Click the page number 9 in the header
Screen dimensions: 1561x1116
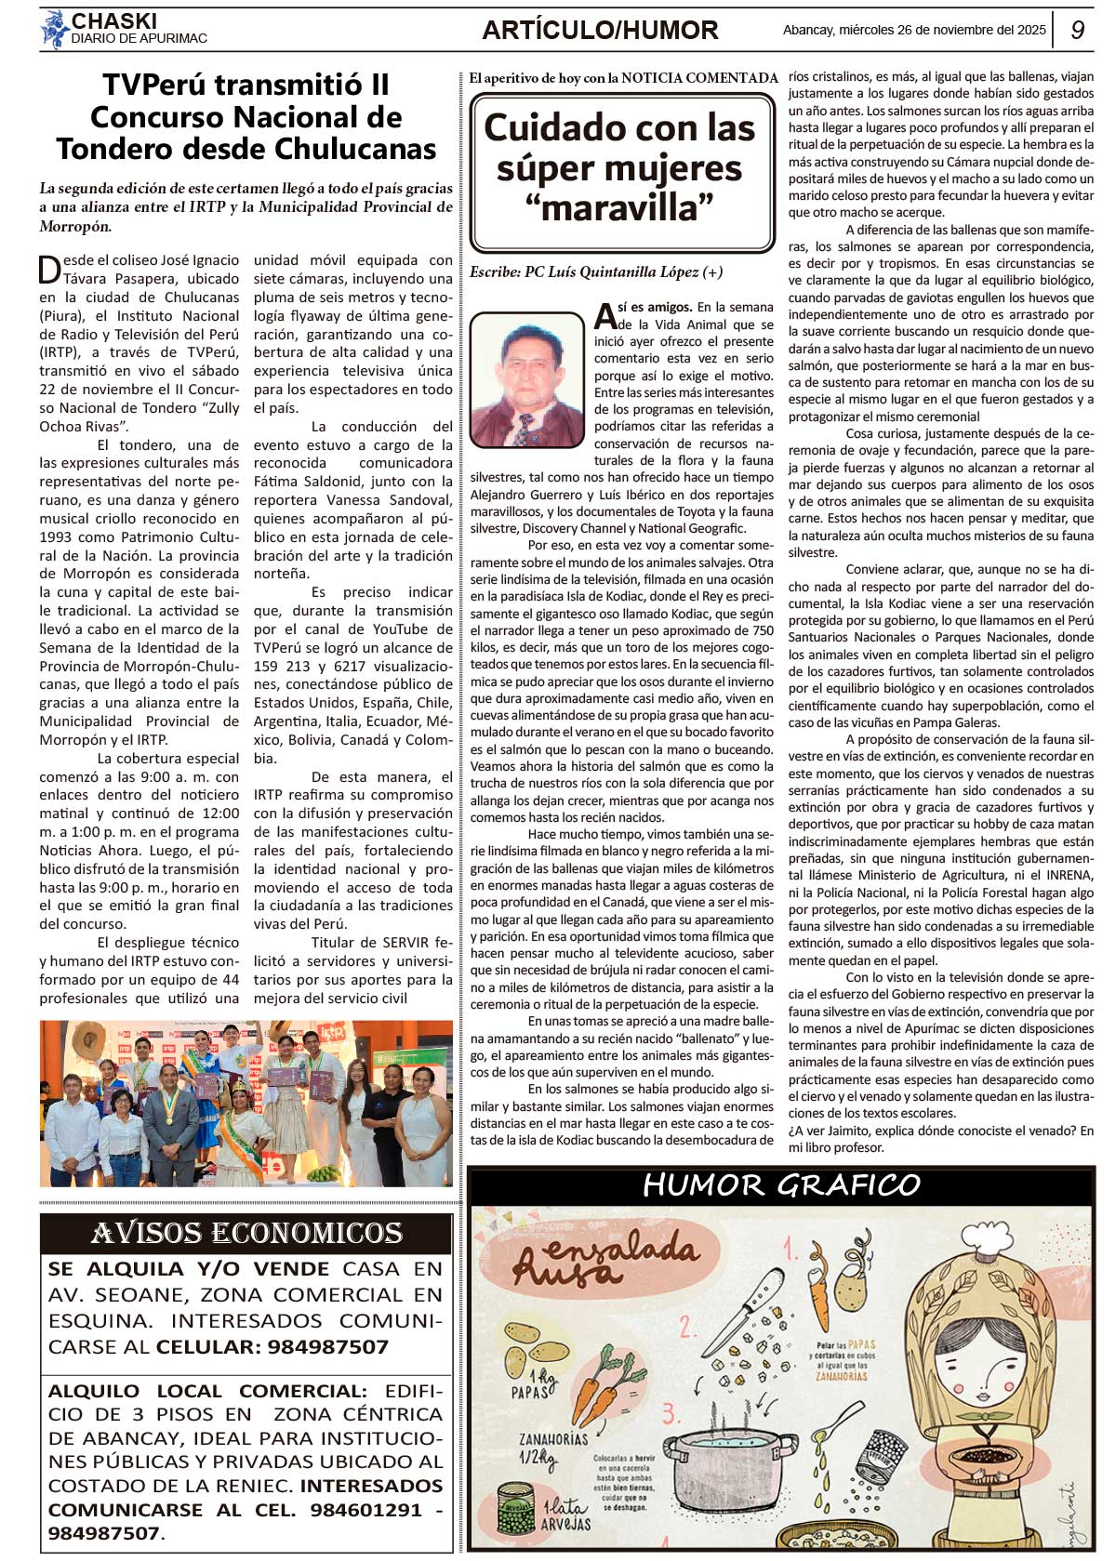point(1077,30)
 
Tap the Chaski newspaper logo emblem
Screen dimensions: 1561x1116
point(54,29)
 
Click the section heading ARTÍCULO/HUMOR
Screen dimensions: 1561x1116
point(600,31)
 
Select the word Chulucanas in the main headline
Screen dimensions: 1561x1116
point(358,149)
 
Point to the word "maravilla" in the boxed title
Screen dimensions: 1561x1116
point(618,208)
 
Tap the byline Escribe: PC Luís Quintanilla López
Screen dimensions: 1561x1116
point(595,272)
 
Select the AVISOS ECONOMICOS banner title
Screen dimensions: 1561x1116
point(246,1233)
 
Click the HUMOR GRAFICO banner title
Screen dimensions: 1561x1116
point(781,1184)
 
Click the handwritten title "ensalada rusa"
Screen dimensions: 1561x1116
point(604,1260)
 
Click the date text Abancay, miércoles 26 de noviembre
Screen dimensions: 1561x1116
point(914,30)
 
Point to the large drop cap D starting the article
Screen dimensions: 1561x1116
point(50,270)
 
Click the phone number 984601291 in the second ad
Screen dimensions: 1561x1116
point(365,1510)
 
